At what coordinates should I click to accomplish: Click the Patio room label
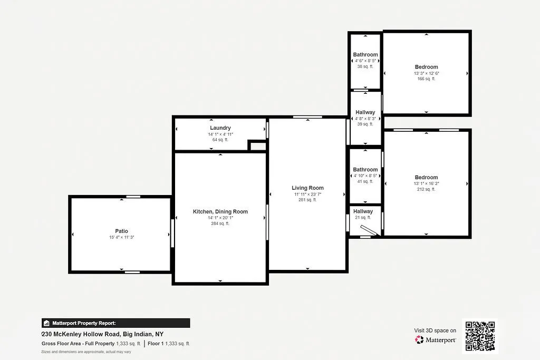click(122, 231)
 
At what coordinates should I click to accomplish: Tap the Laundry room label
click(220, 128)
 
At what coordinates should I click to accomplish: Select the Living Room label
click(307, 188)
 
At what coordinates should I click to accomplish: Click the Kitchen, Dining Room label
click(220, 212)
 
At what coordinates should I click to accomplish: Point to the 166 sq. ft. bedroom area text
click(426, 79)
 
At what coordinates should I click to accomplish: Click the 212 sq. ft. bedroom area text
click(426, 190)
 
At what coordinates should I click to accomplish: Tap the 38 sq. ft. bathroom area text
click(365, 67)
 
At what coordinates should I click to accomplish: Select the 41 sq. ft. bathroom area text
click(365, 181)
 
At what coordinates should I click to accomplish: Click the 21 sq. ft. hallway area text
click(363, 218)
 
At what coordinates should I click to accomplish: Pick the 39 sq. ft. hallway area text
click(365, 124)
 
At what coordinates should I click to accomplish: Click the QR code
click(479, 336)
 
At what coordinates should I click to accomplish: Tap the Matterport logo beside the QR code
click(436, 340)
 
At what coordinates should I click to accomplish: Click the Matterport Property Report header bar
click(115, 323)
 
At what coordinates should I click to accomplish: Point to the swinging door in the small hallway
click(369, 230)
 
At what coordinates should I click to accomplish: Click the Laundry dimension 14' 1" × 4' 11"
click(220, 134)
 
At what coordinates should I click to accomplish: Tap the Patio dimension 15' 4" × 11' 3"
click(122, 238)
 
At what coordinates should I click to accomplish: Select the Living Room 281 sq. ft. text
click(307, 200)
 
